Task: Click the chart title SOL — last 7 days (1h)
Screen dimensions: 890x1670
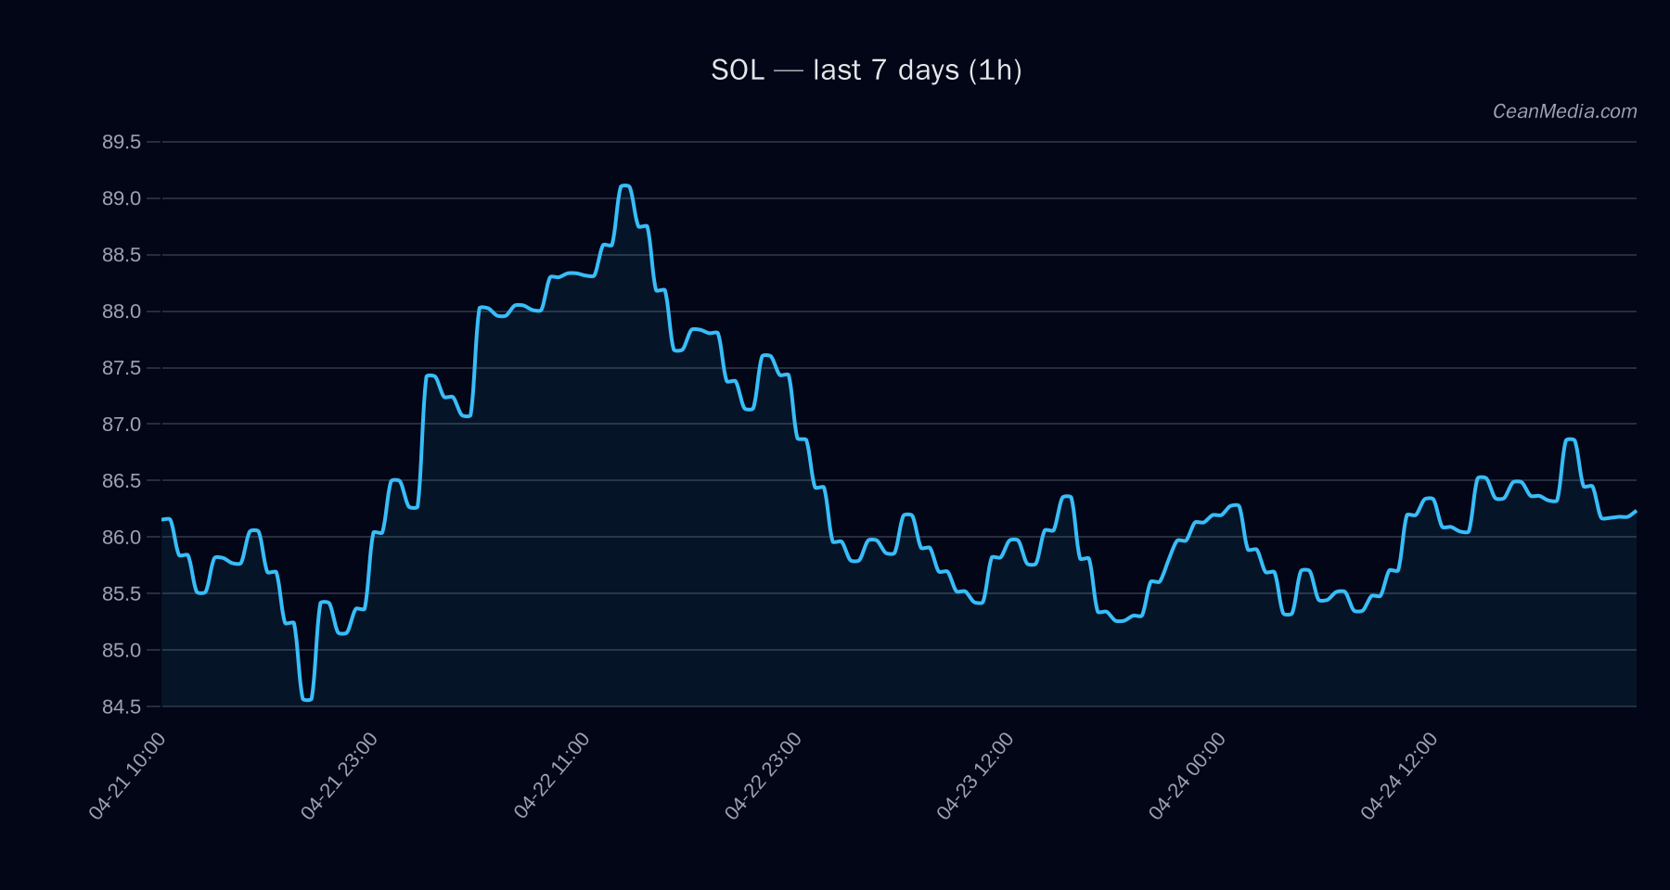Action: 866,70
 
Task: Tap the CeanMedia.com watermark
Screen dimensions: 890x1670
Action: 1564,111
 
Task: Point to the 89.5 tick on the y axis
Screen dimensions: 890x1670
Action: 122,142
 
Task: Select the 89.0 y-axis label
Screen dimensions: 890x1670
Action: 122,198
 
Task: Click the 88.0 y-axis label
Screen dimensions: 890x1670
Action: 122,311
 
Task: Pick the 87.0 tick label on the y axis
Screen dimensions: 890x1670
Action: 122,425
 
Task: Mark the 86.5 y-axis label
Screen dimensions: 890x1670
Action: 122,481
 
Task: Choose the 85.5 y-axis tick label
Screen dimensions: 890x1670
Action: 122,593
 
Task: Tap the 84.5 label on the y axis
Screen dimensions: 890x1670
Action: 122,706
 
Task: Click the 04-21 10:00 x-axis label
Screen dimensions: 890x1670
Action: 128,775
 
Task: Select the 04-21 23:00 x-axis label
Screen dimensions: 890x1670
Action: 340,775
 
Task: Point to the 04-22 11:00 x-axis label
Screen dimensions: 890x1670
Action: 552,775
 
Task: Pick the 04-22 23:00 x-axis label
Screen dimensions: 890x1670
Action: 764,775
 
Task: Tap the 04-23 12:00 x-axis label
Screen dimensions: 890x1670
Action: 975,775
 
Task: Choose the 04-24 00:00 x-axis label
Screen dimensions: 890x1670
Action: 1188,775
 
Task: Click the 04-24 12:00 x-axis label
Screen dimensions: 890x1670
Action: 1399,775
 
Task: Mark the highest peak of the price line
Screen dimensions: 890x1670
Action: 625,186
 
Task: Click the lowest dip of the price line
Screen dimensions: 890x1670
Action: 307,699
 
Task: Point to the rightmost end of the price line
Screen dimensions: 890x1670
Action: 1636,511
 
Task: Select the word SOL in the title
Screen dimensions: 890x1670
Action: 738,70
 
